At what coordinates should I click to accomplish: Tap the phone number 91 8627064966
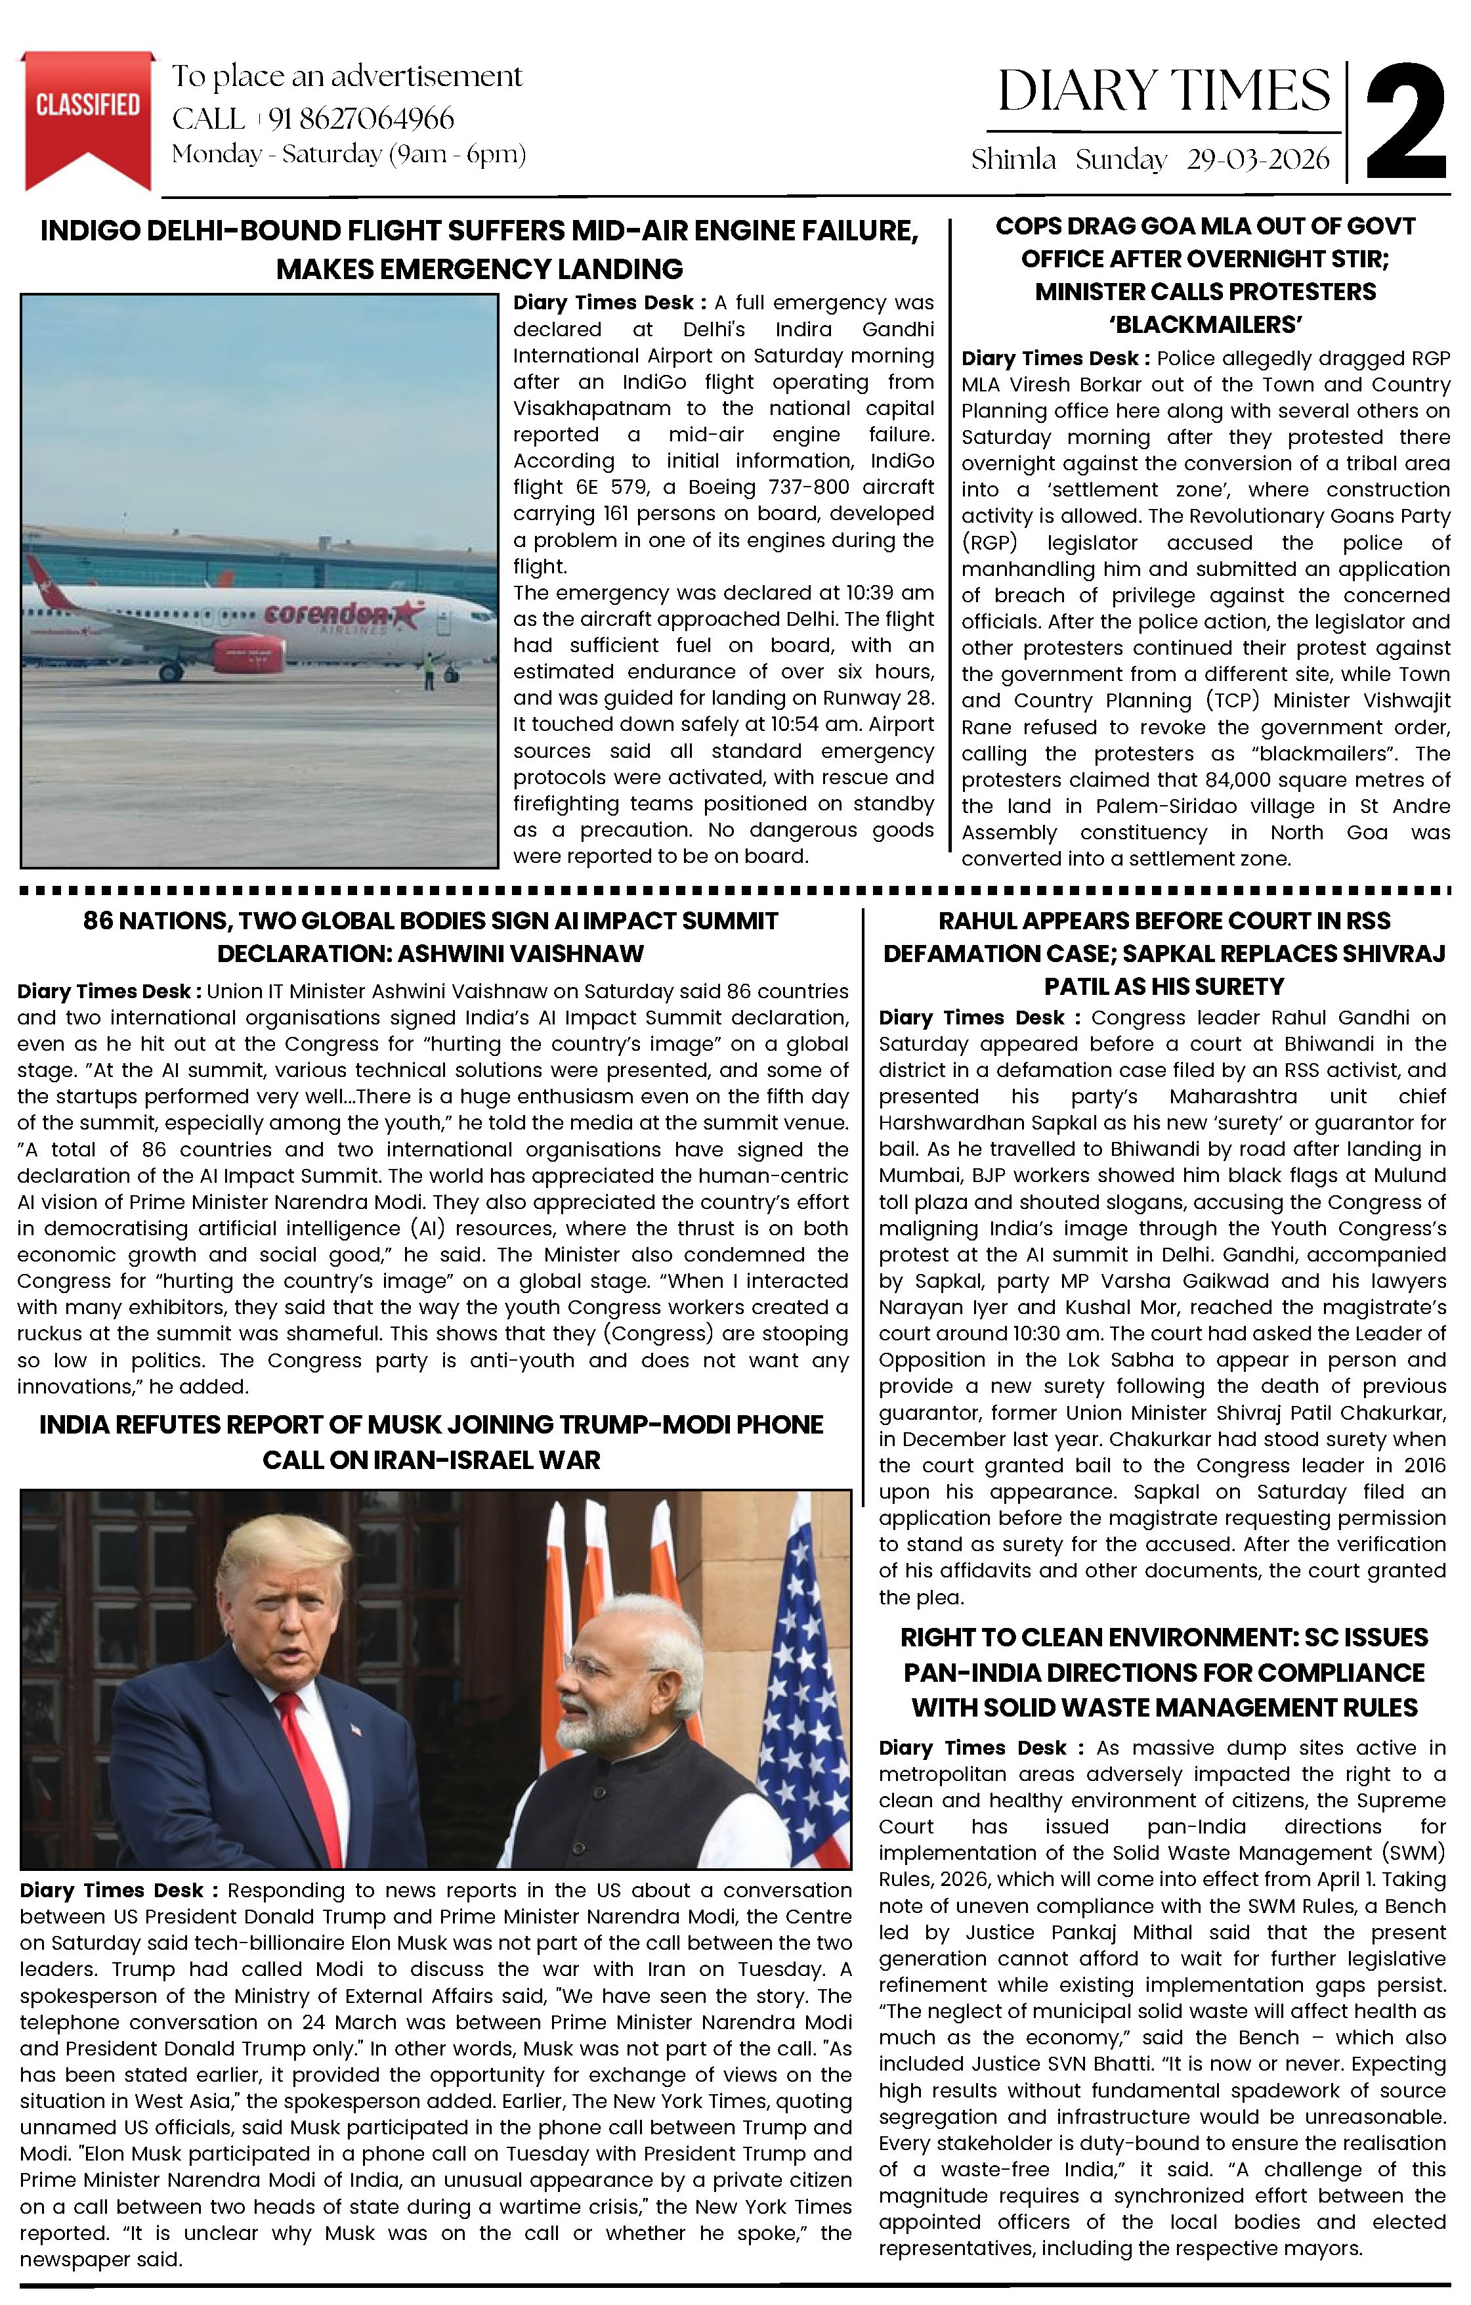[x=361, y=119]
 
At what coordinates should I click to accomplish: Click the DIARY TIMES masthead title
[x=1163, y=91]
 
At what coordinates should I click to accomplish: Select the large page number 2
[x=1405, y=121]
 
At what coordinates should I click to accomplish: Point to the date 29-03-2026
[x=1258, y=160]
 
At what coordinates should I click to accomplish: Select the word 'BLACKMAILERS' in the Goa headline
[x=1205, y=324]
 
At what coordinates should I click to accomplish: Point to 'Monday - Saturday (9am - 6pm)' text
[x=349, y=154]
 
